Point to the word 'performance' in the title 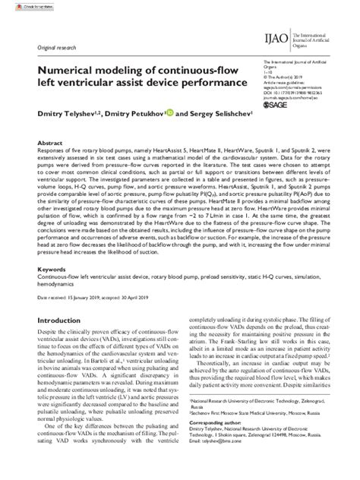point(206,80)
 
